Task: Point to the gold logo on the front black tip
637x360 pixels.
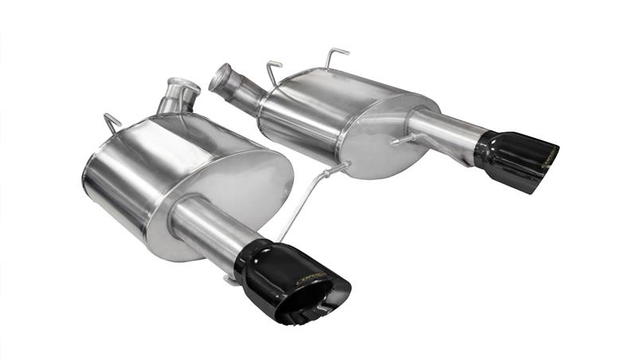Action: coord(311,278)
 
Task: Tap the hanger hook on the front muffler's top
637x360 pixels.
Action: coord(112,123)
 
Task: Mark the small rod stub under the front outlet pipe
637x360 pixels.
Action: coord(230,279)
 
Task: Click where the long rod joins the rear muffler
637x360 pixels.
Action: coord(343,168)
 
